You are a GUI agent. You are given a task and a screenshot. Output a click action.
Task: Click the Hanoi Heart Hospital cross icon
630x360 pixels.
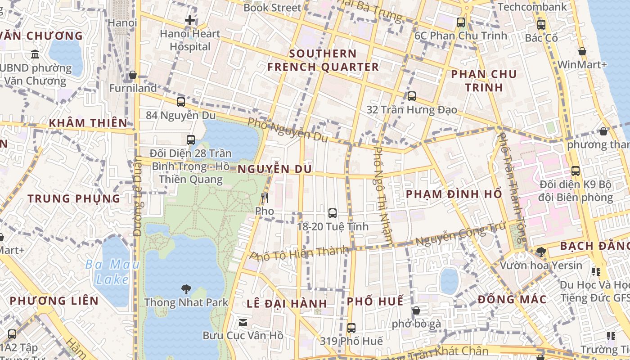(x=190, y=20)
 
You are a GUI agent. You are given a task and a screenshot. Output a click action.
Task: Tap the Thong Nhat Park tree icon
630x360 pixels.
(x=185, y=289)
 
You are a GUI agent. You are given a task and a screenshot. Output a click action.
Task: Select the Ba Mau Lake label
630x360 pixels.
(x=112, y=272)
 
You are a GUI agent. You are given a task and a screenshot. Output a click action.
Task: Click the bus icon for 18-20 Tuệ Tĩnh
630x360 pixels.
(x=333, y=213)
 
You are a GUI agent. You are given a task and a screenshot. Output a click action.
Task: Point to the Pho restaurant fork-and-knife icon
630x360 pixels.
(x=265, y=198)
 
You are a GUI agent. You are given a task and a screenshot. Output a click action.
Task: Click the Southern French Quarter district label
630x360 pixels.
(x=323, y=60)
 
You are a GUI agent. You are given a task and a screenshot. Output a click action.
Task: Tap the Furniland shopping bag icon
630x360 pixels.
(x=133, y=75)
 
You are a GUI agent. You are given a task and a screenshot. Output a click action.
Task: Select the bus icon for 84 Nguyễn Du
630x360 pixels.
(x=180, y=102)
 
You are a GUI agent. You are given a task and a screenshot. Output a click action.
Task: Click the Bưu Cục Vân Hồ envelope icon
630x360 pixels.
(x=243, y=322)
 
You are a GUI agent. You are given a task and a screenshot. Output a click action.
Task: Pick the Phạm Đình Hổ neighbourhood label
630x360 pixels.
(x=454, y=194)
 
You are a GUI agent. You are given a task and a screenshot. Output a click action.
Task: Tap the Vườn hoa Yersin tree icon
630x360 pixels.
(x=541, y=252)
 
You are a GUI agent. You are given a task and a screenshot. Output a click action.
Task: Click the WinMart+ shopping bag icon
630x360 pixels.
(x=582, y=52)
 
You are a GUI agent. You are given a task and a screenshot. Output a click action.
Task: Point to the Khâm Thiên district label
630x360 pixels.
(x=88, y=123)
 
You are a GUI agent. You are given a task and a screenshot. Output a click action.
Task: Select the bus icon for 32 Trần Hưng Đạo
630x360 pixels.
(x=411, y=96)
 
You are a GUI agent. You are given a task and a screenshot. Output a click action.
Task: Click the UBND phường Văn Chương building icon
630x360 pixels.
(x=35, y=55)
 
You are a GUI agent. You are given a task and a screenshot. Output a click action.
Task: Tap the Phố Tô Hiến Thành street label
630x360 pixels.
(x=299, y=253)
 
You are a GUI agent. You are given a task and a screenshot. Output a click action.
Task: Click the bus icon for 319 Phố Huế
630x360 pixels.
(x=351, y=328)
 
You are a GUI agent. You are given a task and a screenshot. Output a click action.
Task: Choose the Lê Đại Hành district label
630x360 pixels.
(x=287, y=303)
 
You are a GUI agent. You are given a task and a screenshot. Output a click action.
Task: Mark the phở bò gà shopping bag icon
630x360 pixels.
(x=416, y=310)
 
